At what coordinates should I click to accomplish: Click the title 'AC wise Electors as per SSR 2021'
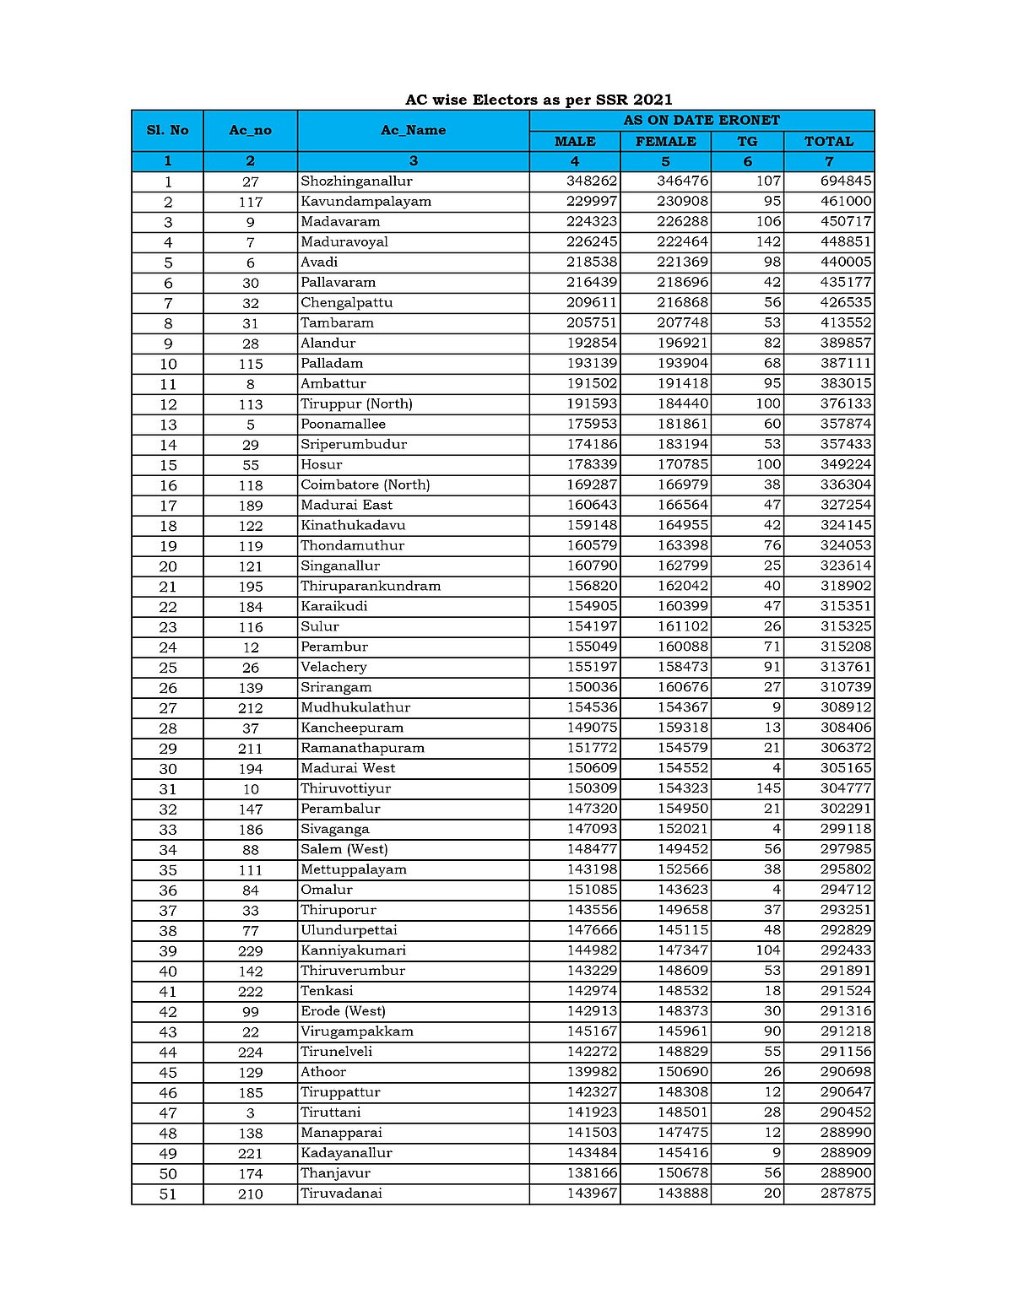tap(539, 100)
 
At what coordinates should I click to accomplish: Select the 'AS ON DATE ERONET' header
tap(702, 120)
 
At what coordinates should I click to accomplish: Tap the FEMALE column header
tap(665, 141)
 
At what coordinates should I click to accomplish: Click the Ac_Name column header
tap(413, 130)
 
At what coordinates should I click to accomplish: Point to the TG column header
tap(747, 141)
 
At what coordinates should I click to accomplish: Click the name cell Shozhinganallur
tap(357, 181)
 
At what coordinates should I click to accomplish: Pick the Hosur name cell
tap(322, 464)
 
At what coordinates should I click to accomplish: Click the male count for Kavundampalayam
tap(592, 201)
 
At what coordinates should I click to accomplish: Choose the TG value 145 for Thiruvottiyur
tap(768, 788)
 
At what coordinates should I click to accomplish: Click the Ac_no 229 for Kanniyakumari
tap(251, 950)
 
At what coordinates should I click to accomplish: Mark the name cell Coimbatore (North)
tap(366, 484)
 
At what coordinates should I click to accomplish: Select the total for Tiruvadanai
tap(846, 1194)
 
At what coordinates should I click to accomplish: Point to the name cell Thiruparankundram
tap(371, 586)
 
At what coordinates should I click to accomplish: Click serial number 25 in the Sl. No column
tap(168, 668)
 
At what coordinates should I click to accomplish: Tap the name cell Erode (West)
tap(343, 1011)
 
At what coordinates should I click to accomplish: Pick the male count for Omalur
tap(592, 890)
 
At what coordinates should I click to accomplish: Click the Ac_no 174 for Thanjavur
tap(251, 1174)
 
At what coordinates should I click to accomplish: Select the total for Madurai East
tap(846, 505)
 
